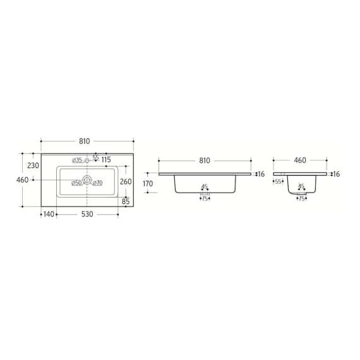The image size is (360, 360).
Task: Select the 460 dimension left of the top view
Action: pyautogui.click(x=22, y=180)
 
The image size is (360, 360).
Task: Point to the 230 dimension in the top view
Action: pyautogui.click(x=32, y=165)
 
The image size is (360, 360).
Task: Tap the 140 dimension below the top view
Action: pyautogui.click(x=48, y=215)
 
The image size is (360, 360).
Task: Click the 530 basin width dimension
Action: pyautogui.click(x=87, y=215)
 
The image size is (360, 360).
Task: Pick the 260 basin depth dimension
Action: pyautogui.click(x=126, y=182)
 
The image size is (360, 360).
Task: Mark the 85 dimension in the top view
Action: pyautogui.click(x=126, y=202)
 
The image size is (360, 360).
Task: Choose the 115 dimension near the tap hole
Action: pyautogui.click(x=105, y=159)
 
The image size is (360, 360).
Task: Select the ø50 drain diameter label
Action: pyautogui.click(x=76, y=183)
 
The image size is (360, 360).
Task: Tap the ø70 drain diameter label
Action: pyautogui.click(x=98, y=183)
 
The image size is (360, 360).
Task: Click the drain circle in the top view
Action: pyautogui.click(x=87, y=181)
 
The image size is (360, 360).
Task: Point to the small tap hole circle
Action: pyautogui.click(x=87, y=160)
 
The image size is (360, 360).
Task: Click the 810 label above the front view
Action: pyautogui.click(x=205, y=160)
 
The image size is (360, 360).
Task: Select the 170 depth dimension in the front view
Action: pyautogui.click(x=148, y=184)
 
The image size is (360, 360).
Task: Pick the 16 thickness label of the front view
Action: pyautogui.click(x=261, y=174)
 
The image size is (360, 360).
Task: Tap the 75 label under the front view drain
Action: pyautogui.click(x=205, y=198)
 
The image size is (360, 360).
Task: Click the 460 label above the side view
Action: pyautogui.click(x=301, y=160)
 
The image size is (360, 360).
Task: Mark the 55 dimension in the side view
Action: pyautogui.click(x=278, y=182)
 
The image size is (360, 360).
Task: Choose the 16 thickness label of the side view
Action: pyautogui.click(x=336, y=174)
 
